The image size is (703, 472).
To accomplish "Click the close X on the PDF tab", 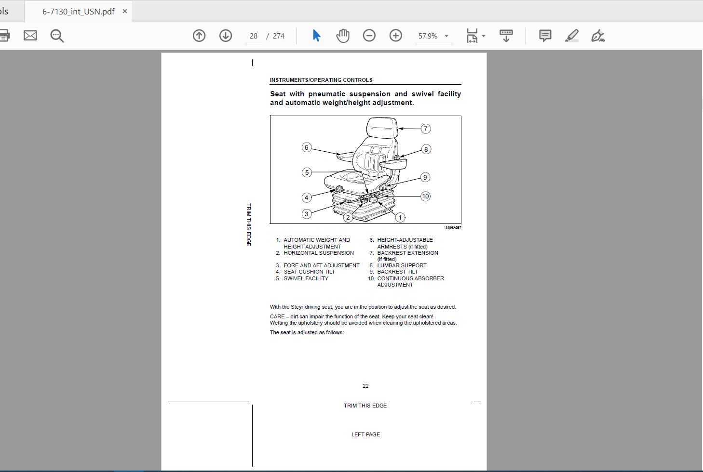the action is tap(124, 11).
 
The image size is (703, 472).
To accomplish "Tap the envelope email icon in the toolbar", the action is tap(30, 36).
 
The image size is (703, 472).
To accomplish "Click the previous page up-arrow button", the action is tap(199, 36).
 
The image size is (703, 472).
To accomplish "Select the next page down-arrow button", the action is tap(225, 36).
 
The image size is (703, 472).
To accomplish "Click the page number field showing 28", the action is tap(254, 36).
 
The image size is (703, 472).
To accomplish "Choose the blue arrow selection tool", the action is tap(316, 36).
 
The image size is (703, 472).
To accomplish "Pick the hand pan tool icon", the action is tap(343, 36).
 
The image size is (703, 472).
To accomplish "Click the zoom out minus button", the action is tap(369, 36).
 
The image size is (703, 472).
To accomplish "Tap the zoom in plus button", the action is tap(395, 36).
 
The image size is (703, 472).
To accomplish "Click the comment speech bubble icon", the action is tap(545, 36).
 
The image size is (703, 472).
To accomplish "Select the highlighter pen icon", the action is tap(571, 36).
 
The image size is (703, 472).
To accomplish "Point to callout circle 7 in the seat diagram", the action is tap(426, 129).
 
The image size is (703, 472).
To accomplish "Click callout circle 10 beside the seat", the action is tap(425, 197).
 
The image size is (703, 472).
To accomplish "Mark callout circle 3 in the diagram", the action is tap(307, 214).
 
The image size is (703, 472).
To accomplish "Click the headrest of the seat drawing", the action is tap(382, 127).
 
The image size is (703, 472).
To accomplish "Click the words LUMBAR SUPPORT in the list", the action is tap(402, 265).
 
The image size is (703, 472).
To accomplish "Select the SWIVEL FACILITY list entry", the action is tap(306, 278).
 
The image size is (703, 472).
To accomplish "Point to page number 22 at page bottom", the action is tap(365, 386).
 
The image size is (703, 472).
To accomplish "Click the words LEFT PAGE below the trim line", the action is tap(365, 434).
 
